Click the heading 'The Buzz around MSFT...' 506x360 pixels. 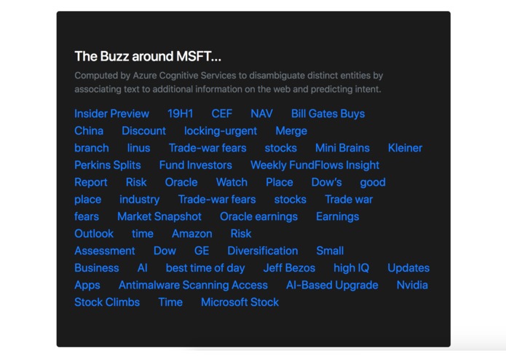coord(148,56)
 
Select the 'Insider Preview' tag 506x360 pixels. coord(111,114)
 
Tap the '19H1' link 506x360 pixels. coord(180,114)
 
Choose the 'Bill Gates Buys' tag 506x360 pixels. coord(328,114)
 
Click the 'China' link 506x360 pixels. coord(89,131)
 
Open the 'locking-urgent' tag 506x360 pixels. coord(220,131)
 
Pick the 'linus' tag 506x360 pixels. coord(138,148)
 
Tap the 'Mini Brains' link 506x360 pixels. coord(342,148)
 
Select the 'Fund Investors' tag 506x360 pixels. coord(195,165)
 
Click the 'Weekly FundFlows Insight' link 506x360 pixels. coord(315,165)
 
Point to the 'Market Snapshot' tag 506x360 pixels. coord(159,216)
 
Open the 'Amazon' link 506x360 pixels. coord(192,234)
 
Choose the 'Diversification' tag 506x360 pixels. coord(262,251)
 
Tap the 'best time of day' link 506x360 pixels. coord(205,268)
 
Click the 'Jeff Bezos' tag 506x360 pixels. coord(289,268)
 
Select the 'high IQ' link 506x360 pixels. coord(351,268)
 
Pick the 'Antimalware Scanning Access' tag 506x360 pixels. coord(193,285)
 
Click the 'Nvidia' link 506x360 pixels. coord(412,285)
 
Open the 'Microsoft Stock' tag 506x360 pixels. coord(240,302)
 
